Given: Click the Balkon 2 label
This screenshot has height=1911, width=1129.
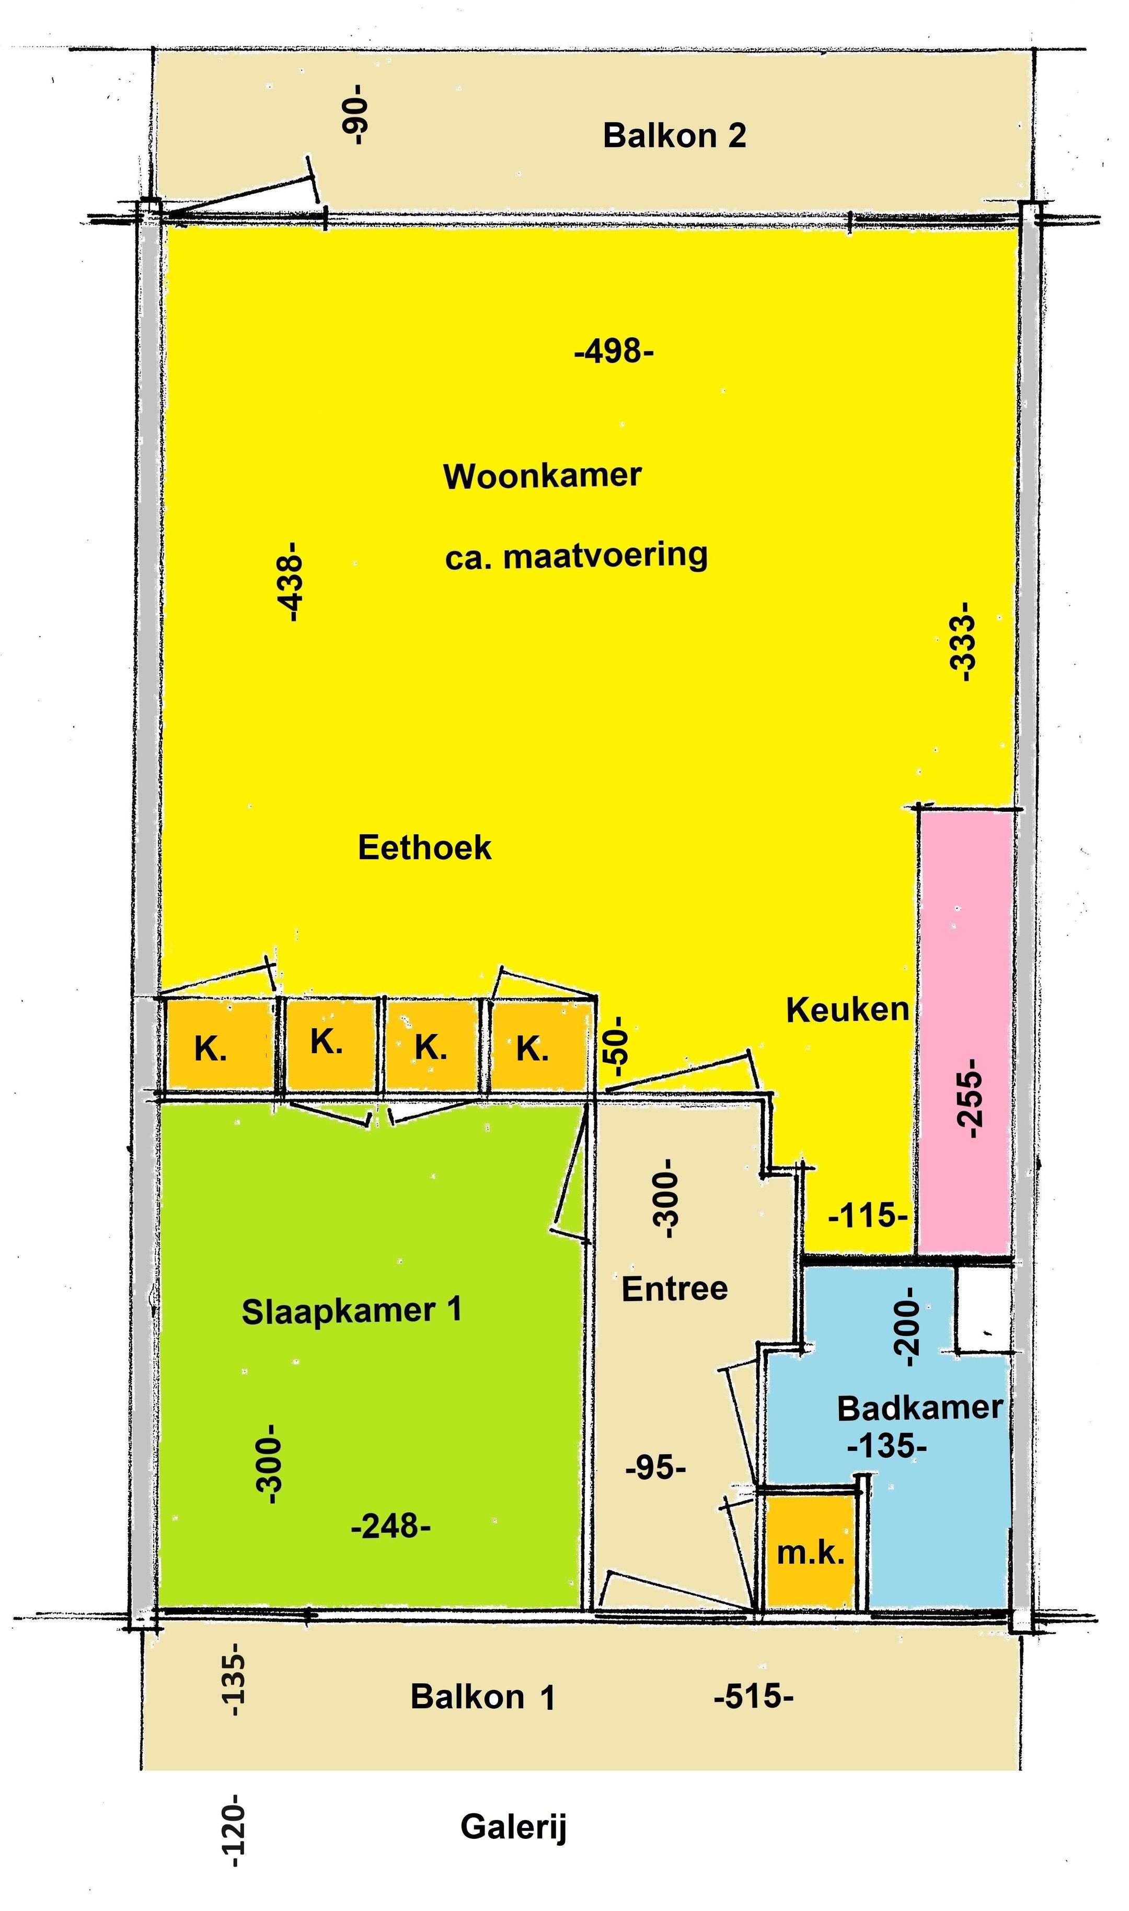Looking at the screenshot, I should click(674, 136).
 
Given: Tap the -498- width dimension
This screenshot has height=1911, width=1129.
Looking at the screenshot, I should click(614, 352).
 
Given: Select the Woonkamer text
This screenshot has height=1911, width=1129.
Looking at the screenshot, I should click(543, 476).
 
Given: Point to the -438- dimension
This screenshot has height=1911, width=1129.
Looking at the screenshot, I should click(291, 582).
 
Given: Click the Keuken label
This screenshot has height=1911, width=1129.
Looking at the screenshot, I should click(847, 1009).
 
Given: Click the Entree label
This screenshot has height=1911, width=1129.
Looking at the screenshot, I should click(675, 1288).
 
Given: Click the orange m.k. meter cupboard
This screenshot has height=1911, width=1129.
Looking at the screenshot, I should click(810, 1552).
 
